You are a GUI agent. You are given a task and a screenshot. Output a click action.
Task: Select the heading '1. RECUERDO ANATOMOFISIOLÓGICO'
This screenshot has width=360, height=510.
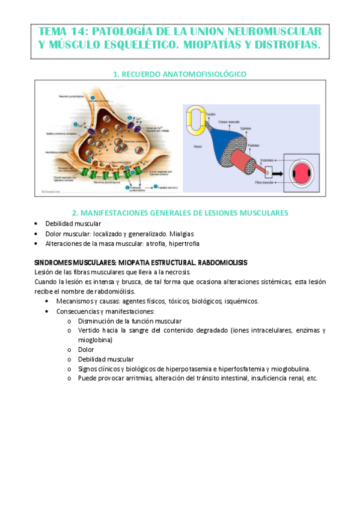coord(180,74)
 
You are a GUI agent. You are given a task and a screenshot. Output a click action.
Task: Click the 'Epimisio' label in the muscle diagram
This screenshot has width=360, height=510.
coord(241,128)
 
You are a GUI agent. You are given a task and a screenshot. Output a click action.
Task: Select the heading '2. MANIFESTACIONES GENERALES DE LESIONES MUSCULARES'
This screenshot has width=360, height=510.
coord(180,212)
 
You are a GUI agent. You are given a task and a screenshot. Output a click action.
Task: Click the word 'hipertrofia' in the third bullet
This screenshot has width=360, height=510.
coord(183,244)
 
